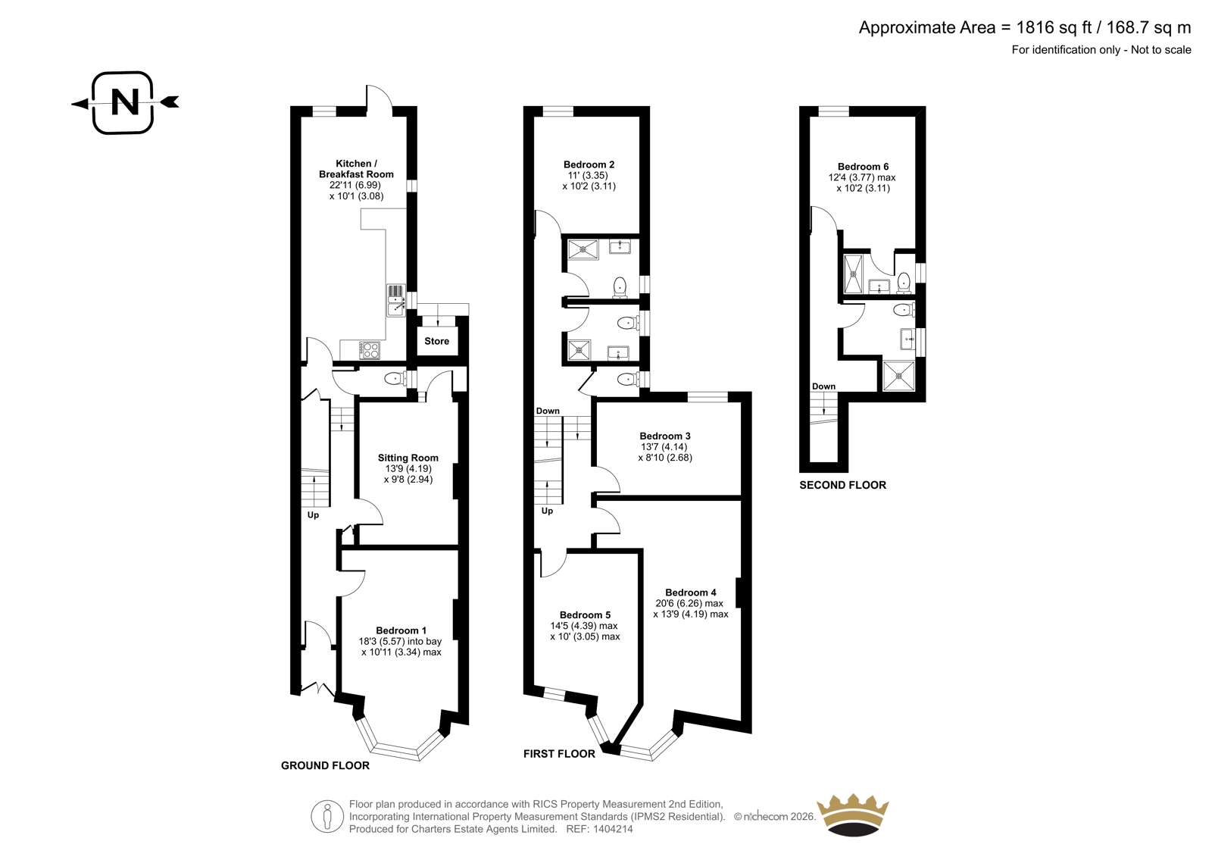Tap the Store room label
436,341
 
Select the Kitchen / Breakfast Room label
356,169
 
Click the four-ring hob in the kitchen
370,350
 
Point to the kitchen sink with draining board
396,300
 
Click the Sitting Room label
408,458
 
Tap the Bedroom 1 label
401,630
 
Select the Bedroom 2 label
589,164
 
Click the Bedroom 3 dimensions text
665,452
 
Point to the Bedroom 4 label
690,593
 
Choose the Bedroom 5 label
585,615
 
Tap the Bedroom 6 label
863,167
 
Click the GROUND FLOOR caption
325,765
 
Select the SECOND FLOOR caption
842,485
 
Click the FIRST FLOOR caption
559,754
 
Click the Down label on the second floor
823,386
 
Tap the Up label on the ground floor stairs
313,515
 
